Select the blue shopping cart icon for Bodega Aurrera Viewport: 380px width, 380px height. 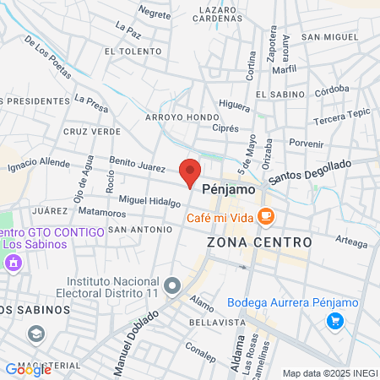[x=335, y=320]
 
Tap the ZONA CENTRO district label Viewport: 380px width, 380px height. [x=258, y=242]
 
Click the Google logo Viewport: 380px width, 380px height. [x=27, y=369]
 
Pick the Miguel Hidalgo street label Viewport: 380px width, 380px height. [x=149, y=202]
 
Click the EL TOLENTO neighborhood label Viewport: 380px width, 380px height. [x=133, y=51]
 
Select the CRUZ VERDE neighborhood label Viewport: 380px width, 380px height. [x=86, y=132]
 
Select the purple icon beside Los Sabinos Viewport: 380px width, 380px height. [x=13, y=264]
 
